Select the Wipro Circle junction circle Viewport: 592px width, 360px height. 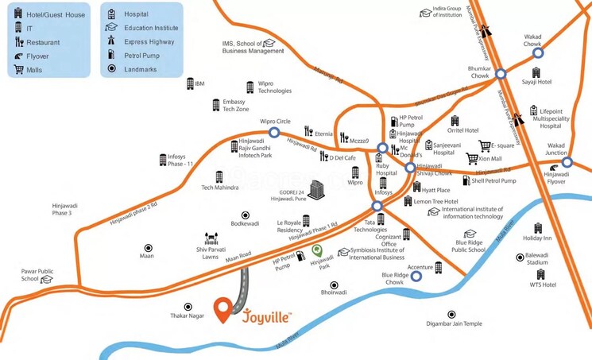tap(274, 133)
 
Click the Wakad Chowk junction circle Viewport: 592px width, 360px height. tap(538, 53)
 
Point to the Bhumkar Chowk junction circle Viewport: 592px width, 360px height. tap(501, 73)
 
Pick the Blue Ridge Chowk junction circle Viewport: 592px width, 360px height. tap(416, 277)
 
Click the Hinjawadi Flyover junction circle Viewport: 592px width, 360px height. tap(567, 162)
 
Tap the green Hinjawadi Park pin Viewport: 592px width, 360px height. tap(317, 251)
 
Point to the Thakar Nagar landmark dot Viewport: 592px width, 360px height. tap(188, 306)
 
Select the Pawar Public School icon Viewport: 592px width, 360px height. tap(47, 279)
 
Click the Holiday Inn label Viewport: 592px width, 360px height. tap(537, 238)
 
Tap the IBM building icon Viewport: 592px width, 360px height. tap(190, 83)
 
